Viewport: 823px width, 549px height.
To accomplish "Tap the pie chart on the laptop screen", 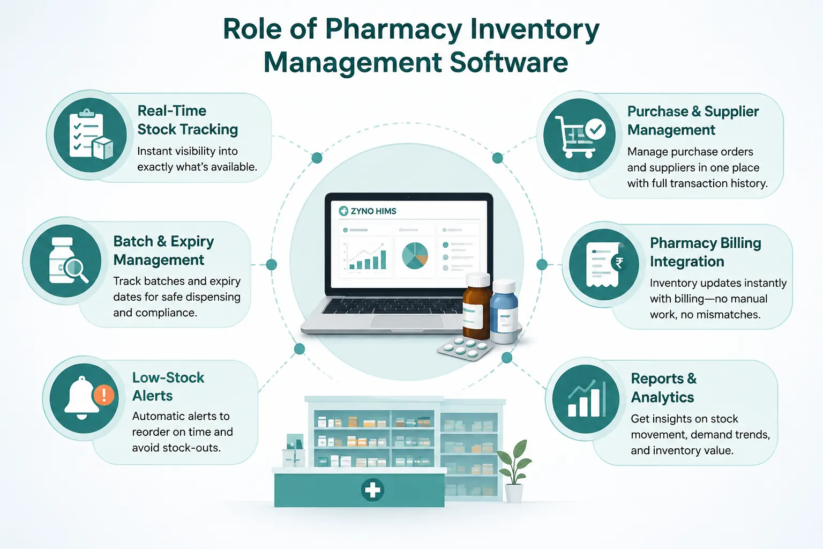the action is pos(415,256).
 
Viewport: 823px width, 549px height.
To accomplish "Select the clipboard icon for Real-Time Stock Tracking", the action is pos(87,133).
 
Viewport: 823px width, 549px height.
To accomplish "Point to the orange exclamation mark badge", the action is pos(104,395).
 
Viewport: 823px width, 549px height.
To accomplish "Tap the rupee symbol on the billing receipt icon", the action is pos(619,263).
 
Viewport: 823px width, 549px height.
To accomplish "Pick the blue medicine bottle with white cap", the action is pos(504,311).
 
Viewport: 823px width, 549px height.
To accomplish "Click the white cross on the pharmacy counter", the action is pos(372,490).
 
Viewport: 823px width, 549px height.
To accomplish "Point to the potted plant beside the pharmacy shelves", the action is pos(514,471).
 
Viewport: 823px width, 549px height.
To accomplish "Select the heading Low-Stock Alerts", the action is pos(168,387).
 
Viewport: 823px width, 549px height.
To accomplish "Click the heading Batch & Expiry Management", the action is pos(163,250).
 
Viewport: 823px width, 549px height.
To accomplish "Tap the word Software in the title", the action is pos(509,63).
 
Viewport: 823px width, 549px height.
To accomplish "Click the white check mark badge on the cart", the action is pos(595,129).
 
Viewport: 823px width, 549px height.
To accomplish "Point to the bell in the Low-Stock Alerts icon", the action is pos(81,398).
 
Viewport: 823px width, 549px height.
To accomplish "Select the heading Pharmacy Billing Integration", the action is pos(706,252).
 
